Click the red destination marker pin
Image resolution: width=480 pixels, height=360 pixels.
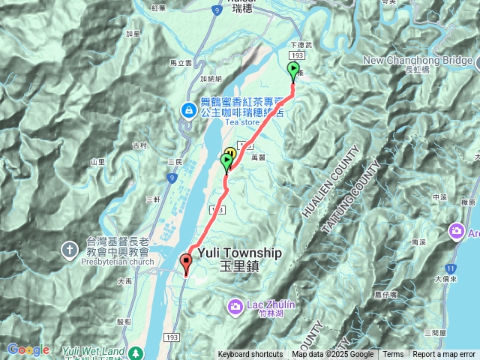(186, 262)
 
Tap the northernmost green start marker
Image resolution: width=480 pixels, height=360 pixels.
(293, 70)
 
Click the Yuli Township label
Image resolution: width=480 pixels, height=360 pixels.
(235, 253)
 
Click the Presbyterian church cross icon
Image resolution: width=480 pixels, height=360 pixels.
(69, 250)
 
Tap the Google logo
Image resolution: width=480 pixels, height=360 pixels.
(28, 349)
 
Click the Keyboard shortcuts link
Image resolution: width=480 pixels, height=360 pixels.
(250, 355)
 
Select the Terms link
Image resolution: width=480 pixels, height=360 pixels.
(393, 355)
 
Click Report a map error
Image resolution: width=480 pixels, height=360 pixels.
(445, 355)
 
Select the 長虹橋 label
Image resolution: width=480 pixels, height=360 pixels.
(415, 70)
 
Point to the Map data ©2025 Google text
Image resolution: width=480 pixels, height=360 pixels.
(333, 355)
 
